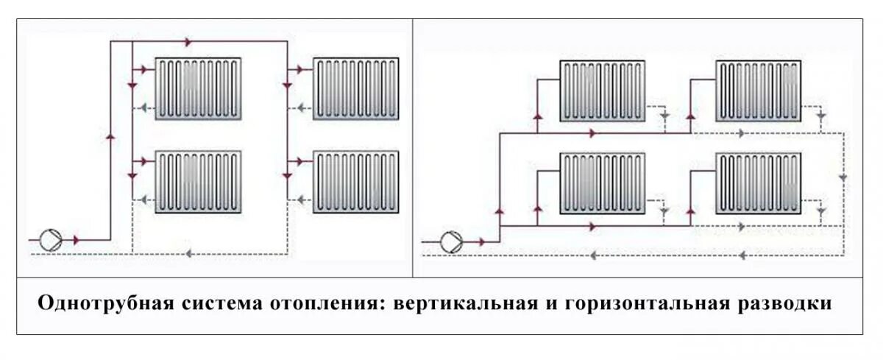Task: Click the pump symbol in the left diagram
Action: [51, 239]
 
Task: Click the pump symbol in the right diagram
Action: [451, 240]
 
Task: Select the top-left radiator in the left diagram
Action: [198, 88]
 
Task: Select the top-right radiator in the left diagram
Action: [356, 88]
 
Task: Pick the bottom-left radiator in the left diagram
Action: [198, 182]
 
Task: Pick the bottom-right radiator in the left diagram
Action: [356, 182]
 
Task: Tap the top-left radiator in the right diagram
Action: [603, 91]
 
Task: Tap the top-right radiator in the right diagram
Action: [759, 91]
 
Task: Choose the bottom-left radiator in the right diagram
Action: [603, 183]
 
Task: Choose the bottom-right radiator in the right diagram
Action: [759, 183]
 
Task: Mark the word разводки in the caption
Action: [790, 304]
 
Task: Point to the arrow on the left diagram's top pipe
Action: [188, 43]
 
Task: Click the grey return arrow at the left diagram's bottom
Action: [188, 254]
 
